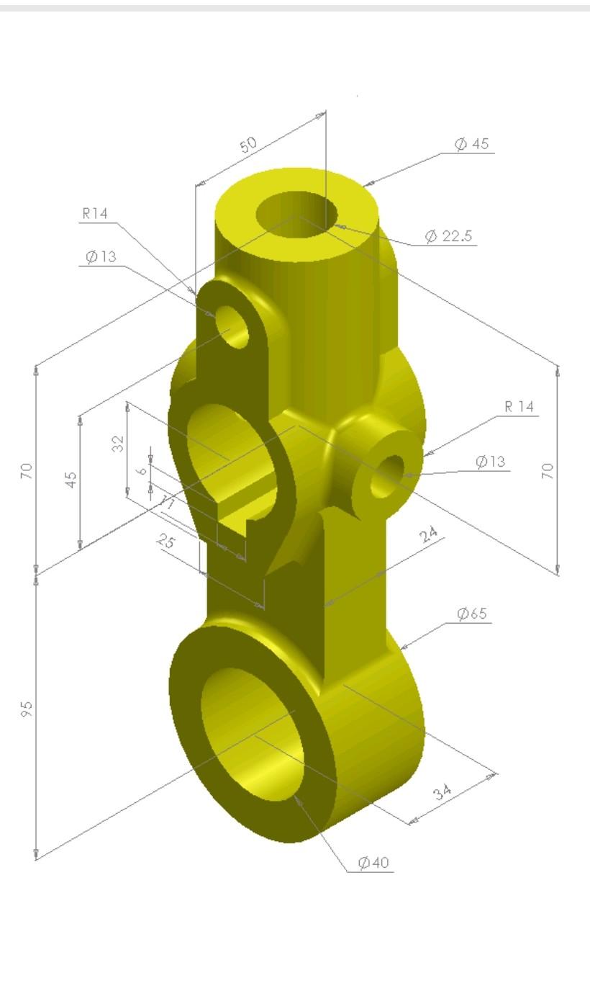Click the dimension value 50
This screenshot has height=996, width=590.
pyautogui.click(x=248, y=144)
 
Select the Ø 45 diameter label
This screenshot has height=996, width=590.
pyautogui.click(x=471, y=144)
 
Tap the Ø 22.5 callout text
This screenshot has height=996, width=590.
pyautogui.click(x=448, y=236)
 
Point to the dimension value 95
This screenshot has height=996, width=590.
pyautogui.click(x=27, y=709)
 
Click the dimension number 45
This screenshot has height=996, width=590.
pyautogui.click(x=71, y=480)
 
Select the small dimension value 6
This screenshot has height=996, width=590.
pyautogui.click(x=142, y=470)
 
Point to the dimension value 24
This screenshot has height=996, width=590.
pyautogui.click(x=430, y=534)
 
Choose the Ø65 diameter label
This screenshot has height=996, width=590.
pyautogui.click(x=472, y=614)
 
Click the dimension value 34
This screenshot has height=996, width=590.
pyautogui.click(x=442, y=792)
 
